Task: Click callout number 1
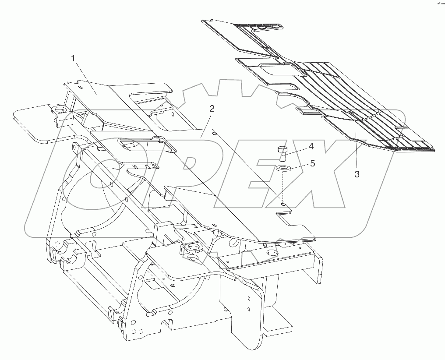click(x=74, y=58)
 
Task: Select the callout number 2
click(x=212, y=109)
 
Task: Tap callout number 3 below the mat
click(x=357, y=174)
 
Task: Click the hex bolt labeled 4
click(x=282, y=154)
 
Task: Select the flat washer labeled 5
click(x=283, y=168)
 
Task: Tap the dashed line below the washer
click(x=283, y=186)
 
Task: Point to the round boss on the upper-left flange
click(x=59, y=109)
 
